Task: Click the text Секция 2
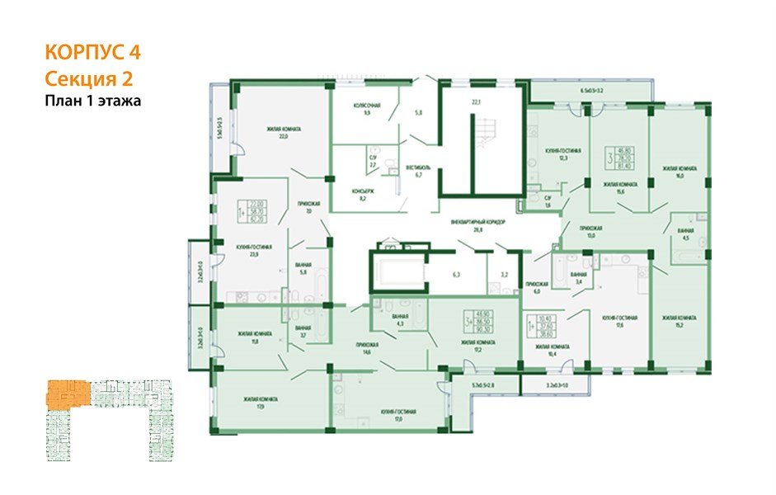[x=87, y=79]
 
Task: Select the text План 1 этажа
[x=93, y=101]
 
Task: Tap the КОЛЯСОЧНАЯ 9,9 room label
[x=366, y=109]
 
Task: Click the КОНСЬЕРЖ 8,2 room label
[x=364, y=194]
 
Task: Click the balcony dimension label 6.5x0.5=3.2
[x=592, y=88]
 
